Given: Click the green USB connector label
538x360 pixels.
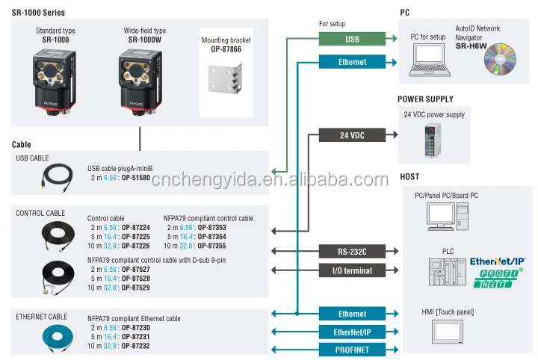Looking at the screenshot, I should pos(353,37).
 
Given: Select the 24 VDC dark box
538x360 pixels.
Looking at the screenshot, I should pos(353,135).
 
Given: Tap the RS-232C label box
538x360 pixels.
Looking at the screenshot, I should pos(353,251).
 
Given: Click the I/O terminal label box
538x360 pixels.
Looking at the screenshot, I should pos(353,270).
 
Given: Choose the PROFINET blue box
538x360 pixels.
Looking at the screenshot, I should pos(353,349).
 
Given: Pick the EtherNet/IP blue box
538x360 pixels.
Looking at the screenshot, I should pos(353,331).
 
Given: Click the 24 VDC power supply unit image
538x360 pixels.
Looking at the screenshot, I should pos(433,140).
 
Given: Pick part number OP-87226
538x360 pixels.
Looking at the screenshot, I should pos(134,245).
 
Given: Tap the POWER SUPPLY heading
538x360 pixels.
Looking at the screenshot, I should pos(425,99).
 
